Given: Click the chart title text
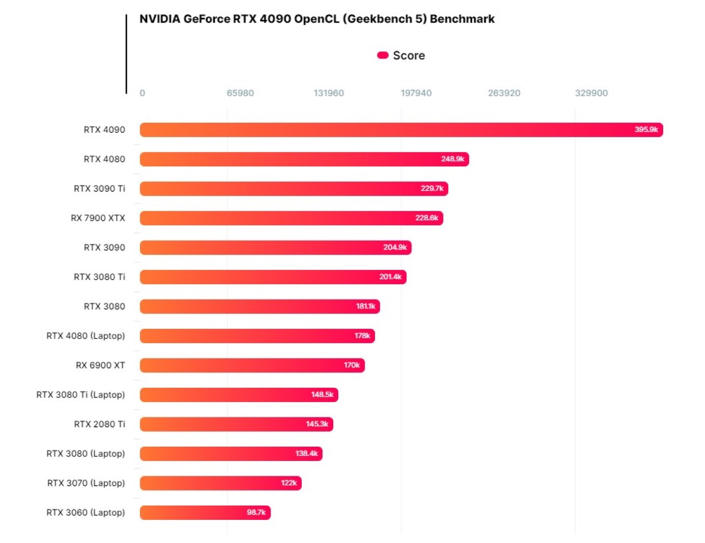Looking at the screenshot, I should click(x=317, y=19).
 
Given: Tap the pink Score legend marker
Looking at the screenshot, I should click(x=383, y=55).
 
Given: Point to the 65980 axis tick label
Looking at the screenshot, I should click(x=240, y=93).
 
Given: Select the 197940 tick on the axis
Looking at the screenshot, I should click(x=416, y=93).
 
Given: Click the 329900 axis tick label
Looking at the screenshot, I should click(x=591, y=93).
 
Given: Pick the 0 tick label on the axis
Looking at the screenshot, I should click(x=142, y=93).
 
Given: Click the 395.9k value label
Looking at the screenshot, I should click(x=646, y=130).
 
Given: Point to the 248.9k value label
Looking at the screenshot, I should click(x=452, y=159).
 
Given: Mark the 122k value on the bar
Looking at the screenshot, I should click(x=289, y=483).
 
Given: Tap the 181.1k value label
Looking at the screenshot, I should click(x=365, y=306).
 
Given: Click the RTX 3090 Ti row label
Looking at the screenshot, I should click(x=99, y=188).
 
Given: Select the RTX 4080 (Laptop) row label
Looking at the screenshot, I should click(x=85, y=335).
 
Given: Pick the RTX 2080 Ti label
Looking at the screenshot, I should click(x=99, y=424).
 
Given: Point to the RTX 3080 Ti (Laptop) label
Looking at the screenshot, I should click(x=80, y=394).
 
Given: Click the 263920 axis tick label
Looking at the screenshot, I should click(x=504, y=93).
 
